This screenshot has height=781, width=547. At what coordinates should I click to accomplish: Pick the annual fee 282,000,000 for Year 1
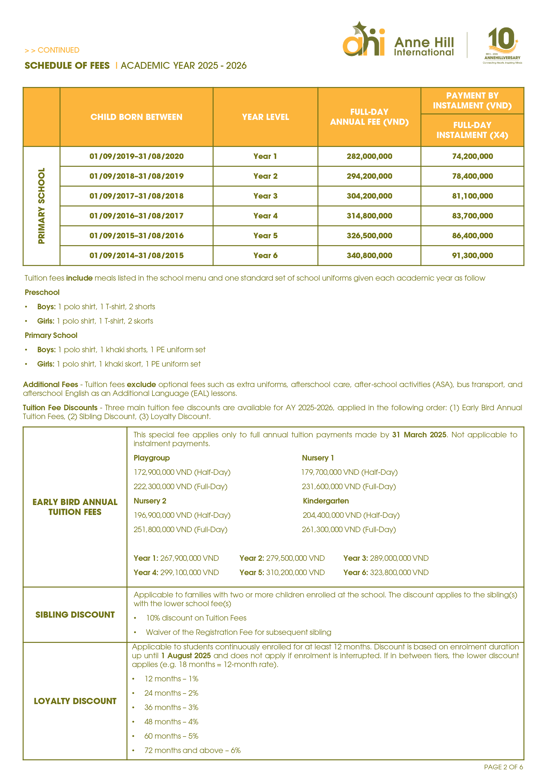tap(369, 157)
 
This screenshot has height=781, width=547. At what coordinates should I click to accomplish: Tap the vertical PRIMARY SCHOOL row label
tap(41, 206)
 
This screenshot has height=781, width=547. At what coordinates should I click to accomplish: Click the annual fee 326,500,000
tap(369, 236)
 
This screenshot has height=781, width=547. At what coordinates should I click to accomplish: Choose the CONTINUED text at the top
tap(58, 50)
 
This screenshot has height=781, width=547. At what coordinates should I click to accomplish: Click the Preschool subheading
tap(42, 293)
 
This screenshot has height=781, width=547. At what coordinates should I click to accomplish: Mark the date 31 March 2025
tap(419, 435)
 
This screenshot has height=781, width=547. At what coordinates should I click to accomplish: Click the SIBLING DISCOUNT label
tap(75, 615)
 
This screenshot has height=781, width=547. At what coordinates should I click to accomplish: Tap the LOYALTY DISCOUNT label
tap(75, 701)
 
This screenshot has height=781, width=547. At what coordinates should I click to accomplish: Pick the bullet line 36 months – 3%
tap(171, 708)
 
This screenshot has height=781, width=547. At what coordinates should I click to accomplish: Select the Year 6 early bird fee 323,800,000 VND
tap(399, 572)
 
